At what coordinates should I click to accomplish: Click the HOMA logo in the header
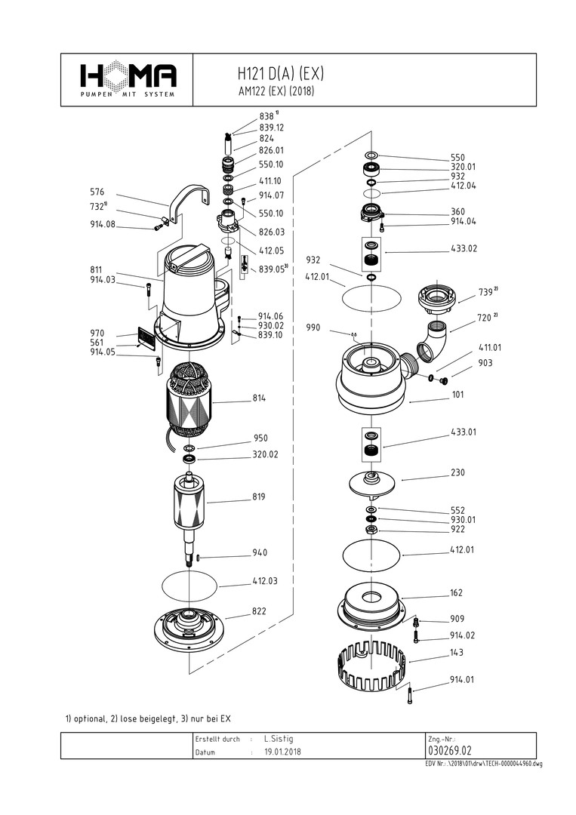128,78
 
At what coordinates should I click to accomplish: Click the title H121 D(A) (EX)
280,74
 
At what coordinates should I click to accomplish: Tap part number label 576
98,192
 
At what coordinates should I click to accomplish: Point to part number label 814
259,398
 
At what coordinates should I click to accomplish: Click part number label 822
259,611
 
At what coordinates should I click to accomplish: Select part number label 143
457,652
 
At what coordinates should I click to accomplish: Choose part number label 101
457,395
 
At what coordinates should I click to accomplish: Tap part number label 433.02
464,248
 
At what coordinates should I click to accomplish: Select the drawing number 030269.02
450,751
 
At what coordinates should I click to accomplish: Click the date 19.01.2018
282,752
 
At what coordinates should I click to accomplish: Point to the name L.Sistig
279,739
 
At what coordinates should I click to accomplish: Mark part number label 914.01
463,679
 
